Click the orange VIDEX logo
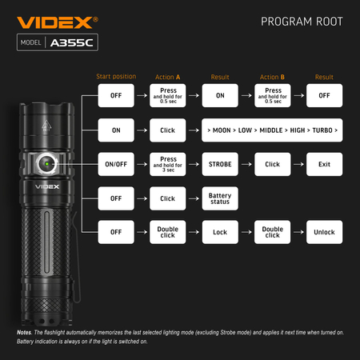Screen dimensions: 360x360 click(58, 22)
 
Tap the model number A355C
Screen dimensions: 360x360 click(72, 42)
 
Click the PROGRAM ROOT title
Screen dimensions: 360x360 click(302, 22)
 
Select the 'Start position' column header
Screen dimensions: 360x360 click(116, 77)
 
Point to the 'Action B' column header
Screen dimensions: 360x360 click(272, 77)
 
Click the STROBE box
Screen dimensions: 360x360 click(220, 164)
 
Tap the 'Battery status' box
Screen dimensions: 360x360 click(220, 198)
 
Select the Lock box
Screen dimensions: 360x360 click(220, 232)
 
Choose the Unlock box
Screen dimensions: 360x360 click(324, 232)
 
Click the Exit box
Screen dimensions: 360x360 click(324, 164)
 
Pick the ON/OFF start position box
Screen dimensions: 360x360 click(116, 164)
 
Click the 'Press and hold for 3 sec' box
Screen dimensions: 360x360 click(168, 164)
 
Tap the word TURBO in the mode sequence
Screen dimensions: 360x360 click(322, 130)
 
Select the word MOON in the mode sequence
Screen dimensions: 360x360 click(222, 130)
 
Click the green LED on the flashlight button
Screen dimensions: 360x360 click(46, 164)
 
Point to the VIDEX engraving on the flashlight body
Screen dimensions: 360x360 click(47, 186)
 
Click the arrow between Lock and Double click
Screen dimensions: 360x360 click(246, 232)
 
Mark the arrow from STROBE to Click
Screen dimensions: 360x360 click(246, 164)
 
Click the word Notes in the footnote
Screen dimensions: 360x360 click(24, 333)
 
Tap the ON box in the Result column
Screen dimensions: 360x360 click(220, 95)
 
